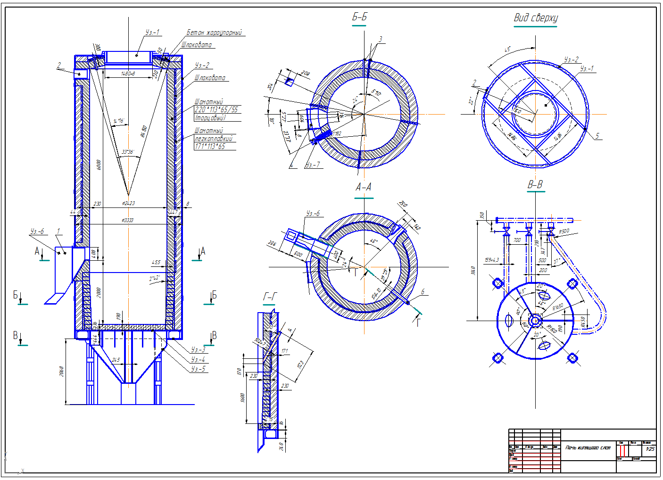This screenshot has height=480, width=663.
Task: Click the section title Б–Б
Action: click(359, 17)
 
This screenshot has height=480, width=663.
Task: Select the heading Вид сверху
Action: click(535, 18)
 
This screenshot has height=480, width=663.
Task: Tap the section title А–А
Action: click(363, 188)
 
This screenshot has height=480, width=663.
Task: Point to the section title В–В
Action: click(535, 184)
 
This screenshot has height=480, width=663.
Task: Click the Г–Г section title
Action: click(270, 297)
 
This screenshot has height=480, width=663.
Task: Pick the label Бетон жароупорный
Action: click(214, 33)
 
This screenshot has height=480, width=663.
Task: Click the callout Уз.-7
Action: click(312, 165)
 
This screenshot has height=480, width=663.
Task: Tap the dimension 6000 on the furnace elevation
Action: click(99, 165)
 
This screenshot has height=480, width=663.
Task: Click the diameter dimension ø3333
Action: click(127, 220)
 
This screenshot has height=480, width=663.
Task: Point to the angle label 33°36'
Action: click(128, 152)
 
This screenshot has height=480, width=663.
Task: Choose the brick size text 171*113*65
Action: click(210, 147)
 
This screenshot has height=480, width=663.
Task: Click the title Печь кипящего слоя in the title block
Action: click(588, 447)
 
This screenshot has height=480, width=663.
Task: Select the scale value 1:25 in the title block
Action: click(650, 449)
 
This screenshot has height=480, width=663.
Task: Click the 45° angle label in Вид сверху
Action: click(507, 50)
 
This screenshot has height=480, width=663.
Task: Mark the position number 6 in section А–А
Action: click(423, 292)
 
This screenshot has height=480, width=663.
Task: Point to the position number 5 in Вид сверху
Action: click(597, 136)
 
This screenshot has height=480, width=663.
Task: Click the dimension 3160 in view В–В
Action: click(473, 270)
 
